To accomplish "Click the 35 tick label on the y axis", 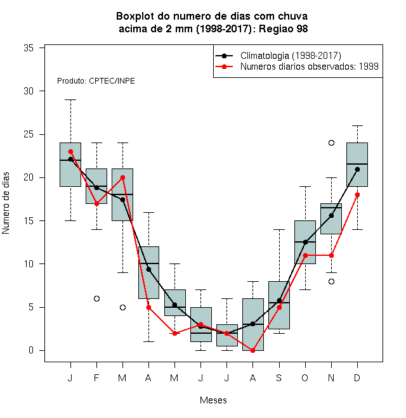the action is (x=29, y=48).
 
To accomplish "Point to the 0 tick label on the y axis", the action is (x=31, y=350).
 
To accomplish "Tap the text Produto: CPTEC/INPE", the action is (x=96, y=81).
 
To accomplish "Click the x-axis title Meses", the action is (x=213, y=400).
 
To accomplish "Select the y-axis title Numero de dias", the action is (x=6, y=203).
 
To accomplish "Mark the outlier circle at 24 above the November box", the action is (x=331, y=143).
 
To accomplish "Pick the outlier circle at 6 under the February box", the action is (x=96, y=298).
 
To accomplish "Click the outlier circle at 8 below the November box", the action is (x=331, y=281).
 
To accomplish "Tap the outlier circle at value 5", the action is (x=122, y=307).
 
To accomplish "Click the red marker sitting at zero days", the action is (x=252, y=351).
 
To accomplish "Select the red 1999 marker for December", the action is (x=357, y=195).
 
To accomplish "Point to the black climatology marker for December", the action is (x=357, y=169).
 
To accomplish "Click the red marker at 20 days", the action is (x=122, y=177).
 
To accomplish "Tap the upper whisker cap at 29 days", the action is (x=70, y=99).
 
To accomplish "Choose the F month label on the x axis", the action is (x=96, y=377).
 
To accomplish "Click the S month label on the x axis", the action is (x=279, y=377).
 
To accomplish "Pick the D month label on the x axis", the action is (x=357, y=377).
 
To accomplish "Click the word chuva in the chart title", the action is (x=292, y=16).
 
